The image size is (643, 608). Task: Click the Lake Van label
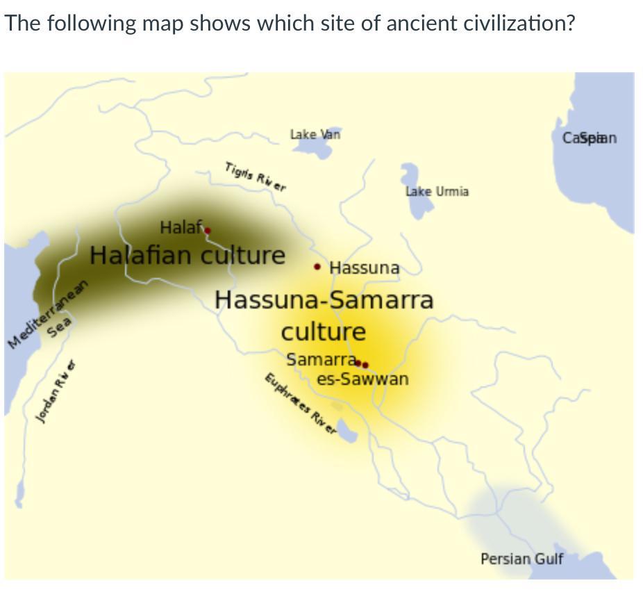(315, 134)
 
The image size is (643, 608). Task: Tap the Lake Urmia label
(437, 191)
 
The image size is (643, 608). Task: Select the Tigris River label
(255, 176)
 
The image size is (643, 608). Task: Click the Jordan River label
(56, 392)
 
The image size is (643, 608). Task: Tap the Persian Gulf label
(521, 559)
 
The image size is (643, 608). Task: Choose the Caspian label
(590, 138)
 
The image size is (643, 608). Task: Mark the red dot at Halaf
(207, 231)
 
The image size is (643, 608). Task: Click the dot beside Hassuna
(317, 266)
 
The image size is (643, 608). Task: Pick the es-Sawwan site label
(362, 379)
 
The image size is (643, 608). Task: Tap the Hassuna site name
(365, 268)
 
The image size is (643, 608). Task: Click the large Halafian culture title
(187, 255)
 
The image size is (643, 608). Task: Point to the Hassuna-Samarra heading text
(324, 299)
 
